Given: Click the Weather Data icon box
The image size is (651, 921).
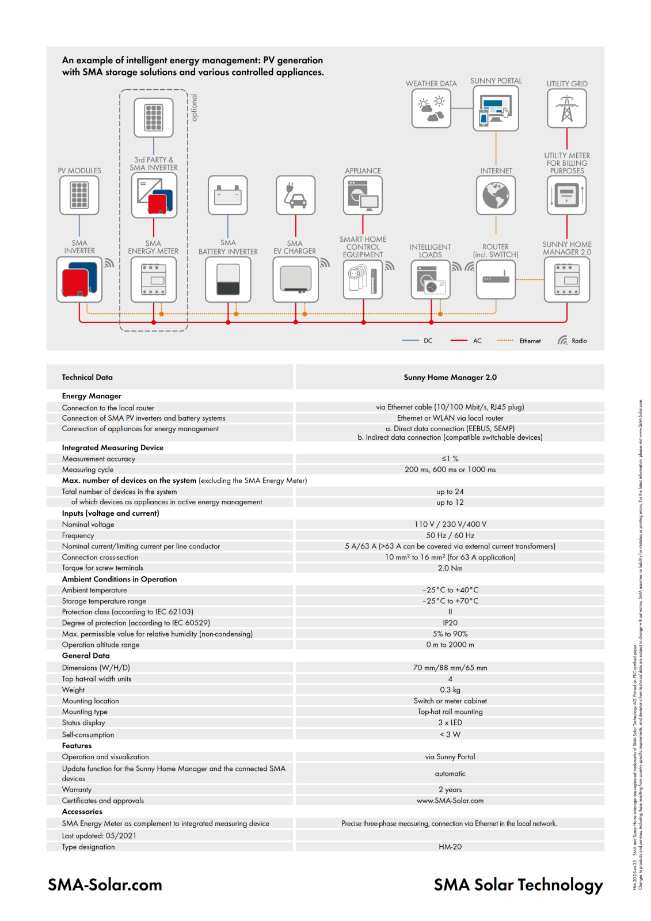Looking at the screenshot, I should tap(431, 109).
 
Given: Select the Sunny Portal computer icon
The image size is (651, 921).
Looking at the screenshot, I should tap(496, 109).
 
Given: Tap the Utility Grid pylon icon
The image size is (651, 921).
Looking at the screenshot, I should tap(567, 109).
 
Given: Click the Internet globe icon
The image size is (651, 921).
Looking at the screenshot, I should tap(496, 195).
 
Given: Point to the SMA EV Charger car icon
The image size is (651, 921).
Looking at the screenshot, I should tap(295, 195).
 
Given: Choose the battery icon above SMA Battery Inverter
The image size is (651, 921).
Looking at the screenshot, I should tap(228, 195).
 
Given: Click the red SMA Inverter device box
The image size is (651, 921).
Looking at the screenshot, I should tap(79, 280).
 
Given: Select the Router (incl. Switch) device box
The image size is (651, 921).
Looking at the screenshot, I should tap(496, 280).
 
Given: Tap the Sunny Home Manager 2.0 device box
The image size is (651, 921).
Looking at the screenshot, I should tap(567, 280).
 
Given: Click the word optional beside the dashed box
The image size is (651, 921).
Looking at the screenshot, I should tap(195, 108).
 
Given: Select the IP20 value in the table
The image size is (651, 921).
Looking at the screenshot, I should tap(450, 623).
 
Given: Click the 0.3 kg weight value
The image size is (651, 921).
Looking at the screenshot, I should tap(450, 690).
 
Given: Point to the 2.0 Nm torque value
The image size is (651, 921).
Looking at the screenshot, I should tap(450, 568).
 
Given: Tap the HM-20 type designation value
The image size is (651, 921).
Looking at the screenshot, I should tap(450, 847).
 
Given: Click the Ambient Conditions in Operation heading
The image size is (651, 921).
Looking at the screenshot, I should tap(119, 579).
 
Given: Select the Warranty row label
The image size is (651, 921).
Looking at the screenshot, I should tap(77, 790).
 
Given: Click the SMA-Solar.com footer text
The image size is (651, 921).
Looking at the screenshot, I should tap(105, 885).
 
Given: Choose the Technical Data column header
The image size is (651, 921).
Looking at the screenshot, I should tap(87, 377).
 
